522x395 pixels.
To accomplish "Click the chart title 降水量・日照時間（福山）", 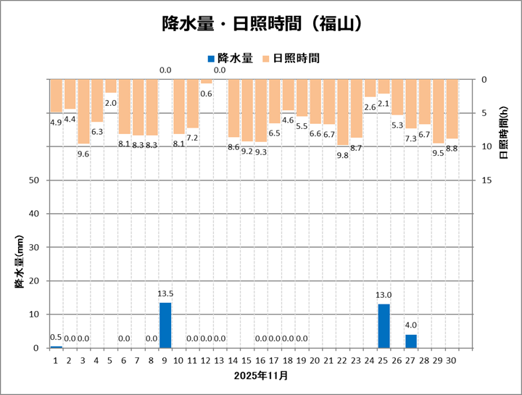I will tap(261, 24).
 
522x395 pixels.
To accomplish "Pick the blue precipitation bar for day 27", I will tap(411, 341).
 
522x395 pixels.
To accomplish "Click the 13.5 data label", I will tap(165, 294).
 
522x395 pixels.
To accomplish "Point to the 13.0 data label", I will tap(384, 296).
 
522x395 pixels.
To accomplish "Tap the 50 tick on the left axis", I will tap(34, 180).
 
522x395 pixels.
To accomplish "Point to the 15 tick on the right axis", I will tap(487, 180).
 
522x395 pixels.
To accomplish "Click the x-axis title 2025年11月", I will tap(261, 375).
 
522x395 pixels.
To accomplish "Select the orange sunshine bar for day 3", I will tap(83, 112).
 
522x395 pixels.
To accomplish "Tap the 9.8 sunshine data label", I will tap(343, 155).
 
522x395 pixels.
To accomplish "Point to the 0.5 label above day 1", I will tap(56, 338).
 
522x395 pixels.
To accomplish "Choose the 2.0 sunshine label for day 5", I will tap(111, 103).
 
